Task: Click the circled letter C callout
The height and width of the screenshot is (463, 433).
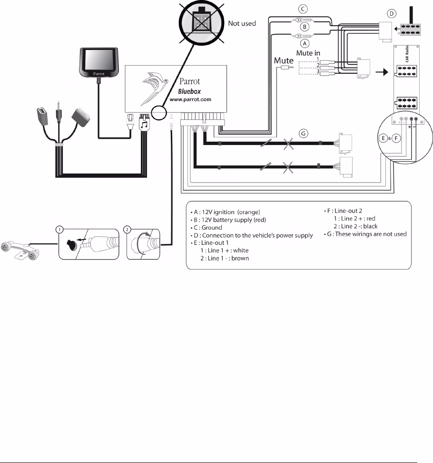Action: coord(303,9)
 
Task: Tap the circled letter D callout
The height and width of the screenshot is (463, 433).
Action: coord(392,14)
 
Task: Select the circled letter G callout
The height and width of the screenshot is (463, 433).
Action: coord(303,134)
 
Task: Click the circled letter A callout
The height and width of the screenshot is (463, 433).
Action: coord(305,43)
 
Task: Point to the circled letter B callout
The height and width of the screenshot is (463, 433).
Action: coord(305,27)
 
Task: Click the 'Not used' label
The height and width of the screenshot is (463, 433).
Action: coord(242,23)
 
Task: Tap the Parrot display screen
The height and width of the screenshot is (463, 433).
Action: coord(98,62)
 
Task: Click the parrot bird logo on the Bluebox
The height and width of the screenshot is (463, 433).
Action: coord(154,87)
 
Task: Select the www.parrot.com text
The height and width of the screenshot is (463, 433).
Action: coord(190,99)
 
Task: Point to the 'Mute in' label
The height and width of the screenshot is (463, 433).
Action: coord(308,53)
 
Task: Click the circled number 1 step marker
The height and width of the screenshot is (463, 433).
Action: coord(59,230)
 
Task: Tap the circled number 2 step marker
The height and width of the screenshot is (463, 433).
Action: coord(127,230)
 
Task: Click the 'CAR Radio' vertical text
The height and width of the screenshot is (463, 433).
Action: coord(407,54)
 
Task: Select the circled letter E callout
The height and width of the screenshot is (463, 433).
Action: coord(383,138)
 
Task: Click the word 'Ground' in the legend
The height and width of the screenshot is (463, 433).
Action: coord(212,228)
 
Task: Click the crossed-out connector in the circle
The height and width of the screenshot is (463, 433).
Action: coord(201,20)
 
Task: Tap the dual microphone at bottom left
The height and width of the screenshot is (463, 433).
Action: coord(20,251)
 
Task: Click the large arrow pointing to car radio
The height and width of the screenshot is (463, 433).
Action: coord(382,72)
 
